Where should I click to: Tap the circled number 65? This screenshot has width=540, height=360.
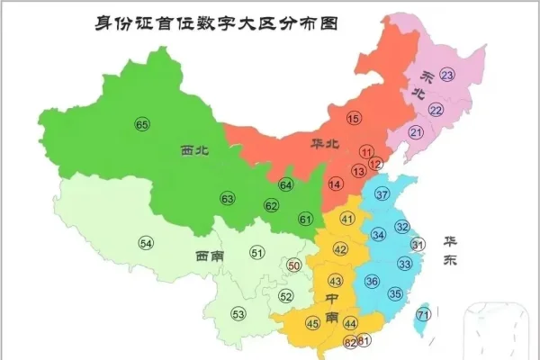click(141, 124)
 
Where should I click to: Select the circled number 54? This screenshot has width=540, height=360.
click(146, 242)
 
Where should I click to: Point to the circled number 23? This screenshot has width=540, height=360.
click(447, 75)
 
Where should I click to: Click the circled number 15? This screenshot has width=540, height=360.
click(354, 118)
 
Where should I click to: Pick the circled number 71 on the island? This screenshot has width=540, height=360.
click(423, 314)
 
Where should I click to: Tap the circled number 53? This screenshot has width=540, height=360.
click(238, 314)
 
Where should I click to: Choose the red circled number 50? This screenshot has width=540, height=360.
click(294, 265)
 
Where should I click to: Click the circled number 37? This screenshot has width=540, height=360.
click(382, 194)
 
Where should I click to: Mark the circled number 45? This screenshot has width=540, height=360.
click(313, 323)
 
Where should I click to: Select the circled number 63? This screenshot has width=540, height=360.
click(228, 198)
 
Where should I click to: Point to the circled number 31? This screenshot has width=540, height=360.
click(417, 244)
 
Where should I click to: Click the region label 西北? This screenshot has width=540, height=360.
click(193, 152)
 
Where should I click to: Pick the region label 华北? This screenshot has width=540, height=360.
click(327, 143)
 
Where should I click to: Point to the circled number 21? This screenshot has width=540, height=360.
click(416, 132)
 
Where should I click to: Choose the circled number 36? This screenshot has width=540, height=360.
click(371, 282)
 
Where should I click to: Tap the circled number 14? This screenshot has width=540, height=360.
click(336, 184)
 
